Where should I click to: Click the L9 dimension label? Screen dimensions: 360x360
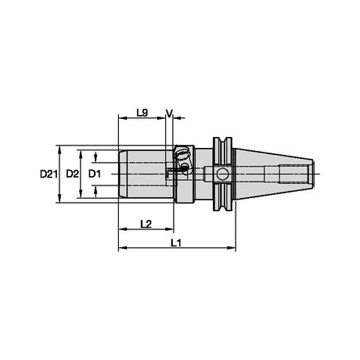(x=142, y=113)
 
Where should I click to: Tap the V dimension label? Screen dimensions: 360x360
(x=169, y=113)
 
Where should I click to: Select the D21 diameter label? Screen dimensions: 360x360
(x=49, y=174)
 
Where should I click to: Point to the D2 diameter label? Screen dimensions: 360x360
(x=72, y=174)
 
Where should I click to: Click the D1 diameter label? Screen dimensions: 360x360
(x=95, y=174)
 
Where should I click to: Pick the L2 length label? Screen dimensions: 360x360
(x=146, y=224)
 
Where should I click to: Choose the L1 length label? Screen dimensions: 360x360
(x=176, y=243)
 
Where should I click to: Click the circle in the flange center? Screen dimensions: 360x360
(x=222, y=174)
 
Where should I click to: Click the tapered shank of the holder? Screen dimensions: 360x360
(x=274, y=174)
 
